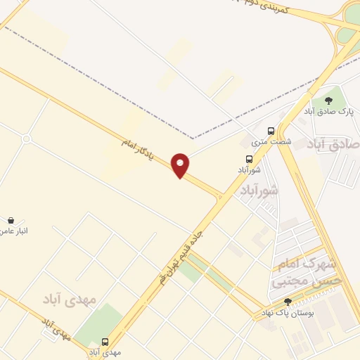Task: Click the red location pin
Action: [181, 165]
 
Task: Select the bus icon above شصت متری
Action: [271, 131]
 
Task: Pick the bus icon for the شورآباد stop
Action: [249, 159]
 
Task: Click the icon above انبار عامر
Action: [11, 220]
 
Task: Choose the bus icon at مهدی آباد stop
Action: [105, 342]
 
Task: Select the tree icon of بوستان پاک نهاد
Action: [288, 301]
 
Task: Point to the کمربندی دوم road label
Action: [264, 6]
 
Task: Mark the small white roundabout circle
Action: [26, 139]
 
